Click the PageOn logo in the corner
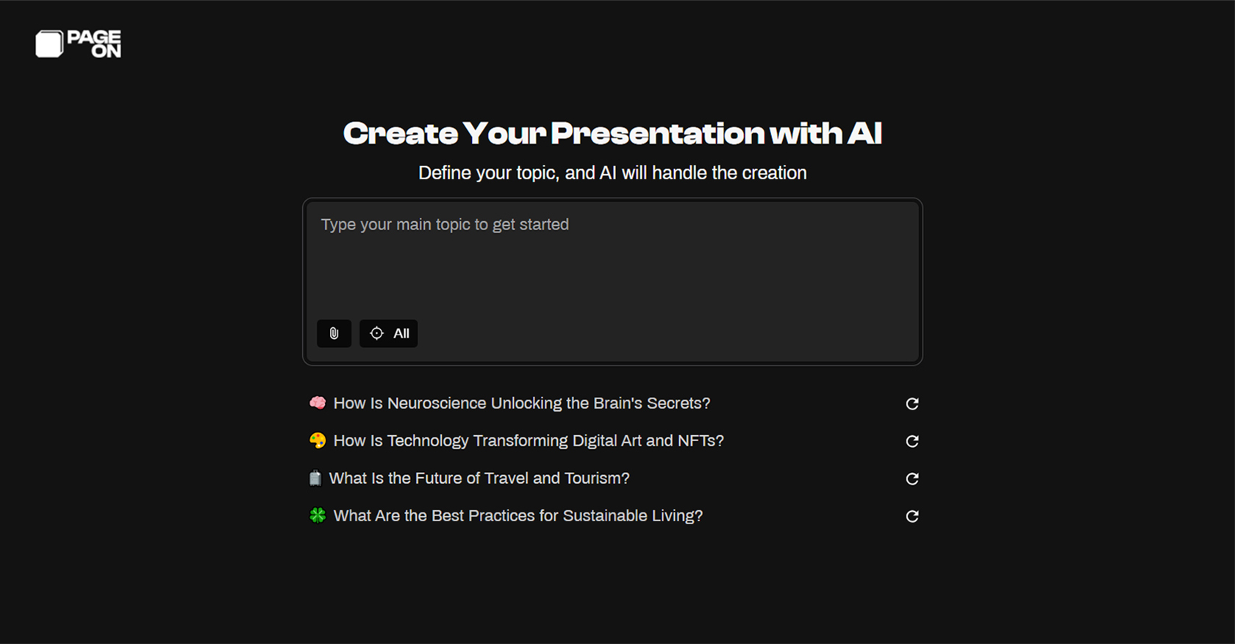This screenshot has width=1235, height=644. (78, 44)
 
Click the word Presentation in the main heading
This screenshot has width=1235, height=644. (657, 134)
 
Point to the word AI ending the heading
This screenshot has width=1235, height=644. (864, 134)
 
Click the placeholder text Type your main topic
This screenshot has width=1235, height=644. (444, 225)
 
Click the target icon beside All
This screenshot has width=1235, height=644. (376, 333)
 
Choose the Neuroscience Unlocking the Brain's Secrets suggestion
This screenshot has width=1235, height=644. (521, 404)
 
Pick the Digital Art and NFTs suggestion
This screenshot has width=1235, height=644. (528, 441)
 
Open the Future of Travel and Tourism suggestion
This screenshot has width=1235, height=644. (479, 479)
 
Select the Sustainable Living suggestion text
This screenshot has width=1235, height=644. (518, 516)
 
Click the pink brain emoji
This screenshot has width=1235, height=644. (318, 403)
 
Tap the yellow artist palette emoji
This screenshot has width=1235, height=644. (318, 440)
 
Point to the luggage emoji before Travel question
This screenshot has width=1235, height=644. (315, 479)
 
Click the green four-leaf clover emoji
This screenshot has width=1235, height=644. (318, 515)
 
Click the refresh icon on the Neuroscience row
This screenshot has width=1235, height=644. (912, 404)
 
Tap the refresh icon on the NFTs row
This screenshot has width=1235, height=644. (912, 441)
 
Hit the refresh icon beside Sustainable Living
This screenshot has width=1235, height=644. (912, 516)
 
